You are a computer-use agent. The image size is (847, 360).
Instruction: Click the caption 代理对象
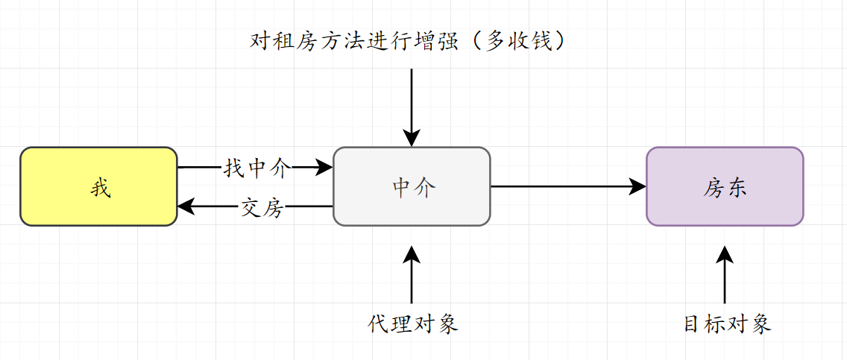coord(412,324)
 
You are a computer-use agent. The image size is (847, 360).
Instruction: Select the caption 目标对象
coord(728,324)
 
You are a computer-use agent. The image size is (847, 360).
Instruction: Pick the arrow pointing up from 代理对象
coord(412,276)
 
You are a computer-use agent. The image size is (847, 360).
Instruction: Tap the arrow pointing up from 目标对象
coord(725,276)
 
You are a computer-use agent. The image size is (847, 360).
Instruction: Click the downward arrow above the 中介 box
coord(412,104)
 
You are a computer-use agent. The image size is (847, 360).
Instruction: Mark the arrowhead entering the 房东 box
coord(638,186)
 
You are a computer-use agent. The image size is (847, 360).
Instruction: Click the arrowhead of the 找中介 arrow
coord(325,168)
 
